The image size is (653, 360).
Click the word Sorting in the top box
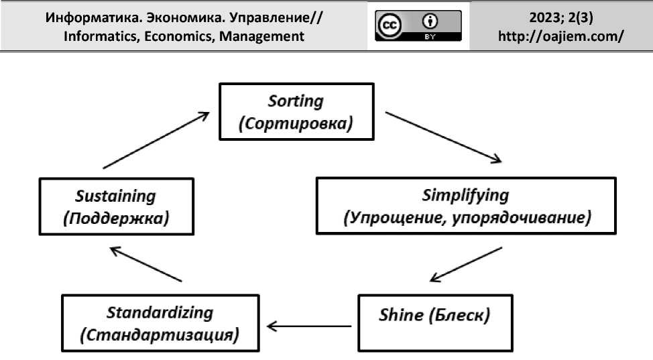tap(296, 102)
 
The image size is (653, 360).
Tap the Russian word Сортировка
tap(296, 125)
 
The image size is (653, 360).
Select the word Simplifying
tap(465, 196)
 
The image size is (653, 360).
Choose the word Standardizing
tap(160, 312)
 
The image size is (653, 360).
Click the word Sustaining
tap(116, 196)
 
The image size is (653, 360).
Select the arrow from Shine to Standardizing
tap(309, 326)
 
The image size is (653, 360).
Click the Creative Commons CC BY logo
tap(418, 25)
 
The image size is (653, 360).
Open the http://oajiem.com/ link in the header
tap(561, 36)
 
